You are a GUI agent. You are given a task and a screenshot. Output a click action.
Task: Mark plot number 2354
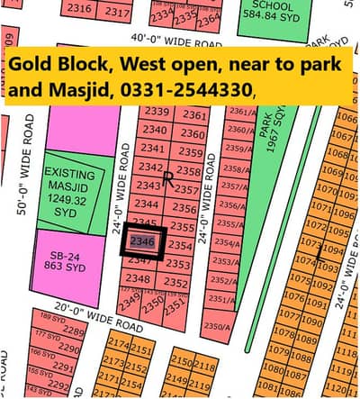coord(180,245)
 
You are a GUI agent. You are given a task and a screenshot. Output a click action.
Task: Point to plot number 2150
coord(181,362)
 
